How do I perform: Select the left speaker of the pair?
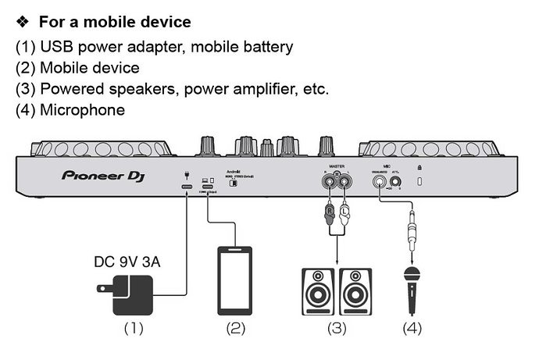click(318, 292)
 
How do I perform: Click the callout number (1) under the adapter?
click(134, 328)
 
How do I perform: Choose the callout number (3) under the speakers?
click(337, 328)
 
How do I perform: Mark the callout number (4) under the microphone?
click(412, 328)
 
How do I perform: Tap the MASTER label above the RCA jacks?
click(336, 166)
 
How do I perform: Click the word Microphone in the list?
click(82, 109)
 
